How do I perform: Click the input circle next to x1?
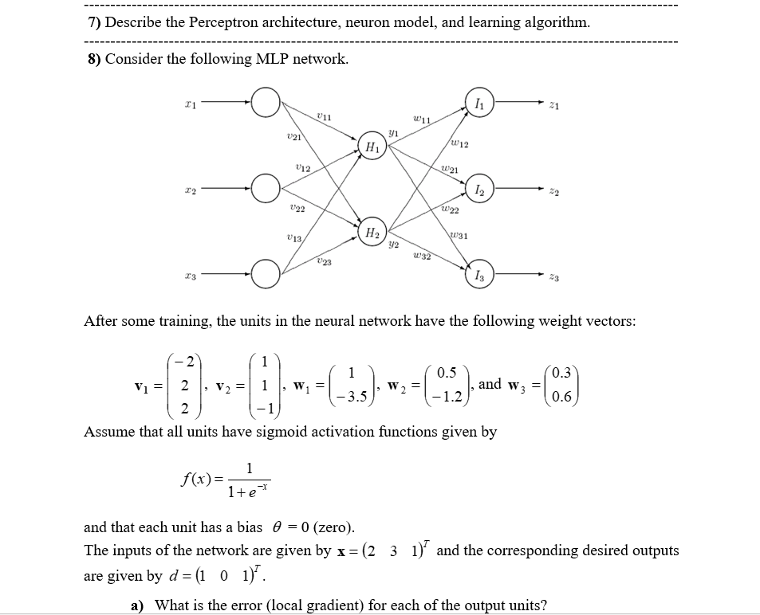point(266,101)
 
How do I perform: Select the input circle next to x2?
point(266,190)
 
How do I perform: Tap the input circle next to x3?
point(266,276)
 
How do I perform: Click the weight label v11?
point(324,116)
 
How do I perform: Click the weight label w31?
point(459,235)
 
